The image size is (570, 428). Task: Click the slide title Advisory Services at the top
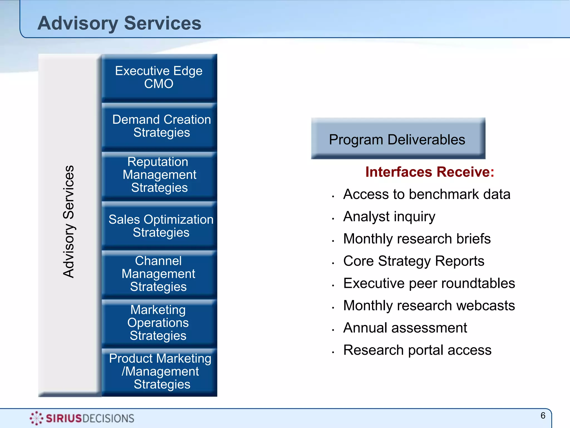119,23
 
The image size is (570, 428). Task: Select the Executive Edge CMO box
159,77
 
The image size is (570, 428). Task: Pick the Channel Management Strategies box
159,274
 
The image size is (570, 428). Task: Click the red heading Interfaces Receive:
429,172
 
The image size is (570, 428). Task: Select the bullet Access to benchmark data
426,194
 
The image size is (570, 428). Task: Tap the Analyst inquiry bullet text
389,217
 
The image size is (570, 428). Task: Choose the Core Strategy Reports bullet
414,261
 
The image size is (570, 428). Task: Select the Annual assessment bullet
405,328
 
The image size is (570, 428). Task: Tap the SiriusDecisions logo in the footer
82,418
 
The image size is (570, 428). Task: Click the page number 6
543,416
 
